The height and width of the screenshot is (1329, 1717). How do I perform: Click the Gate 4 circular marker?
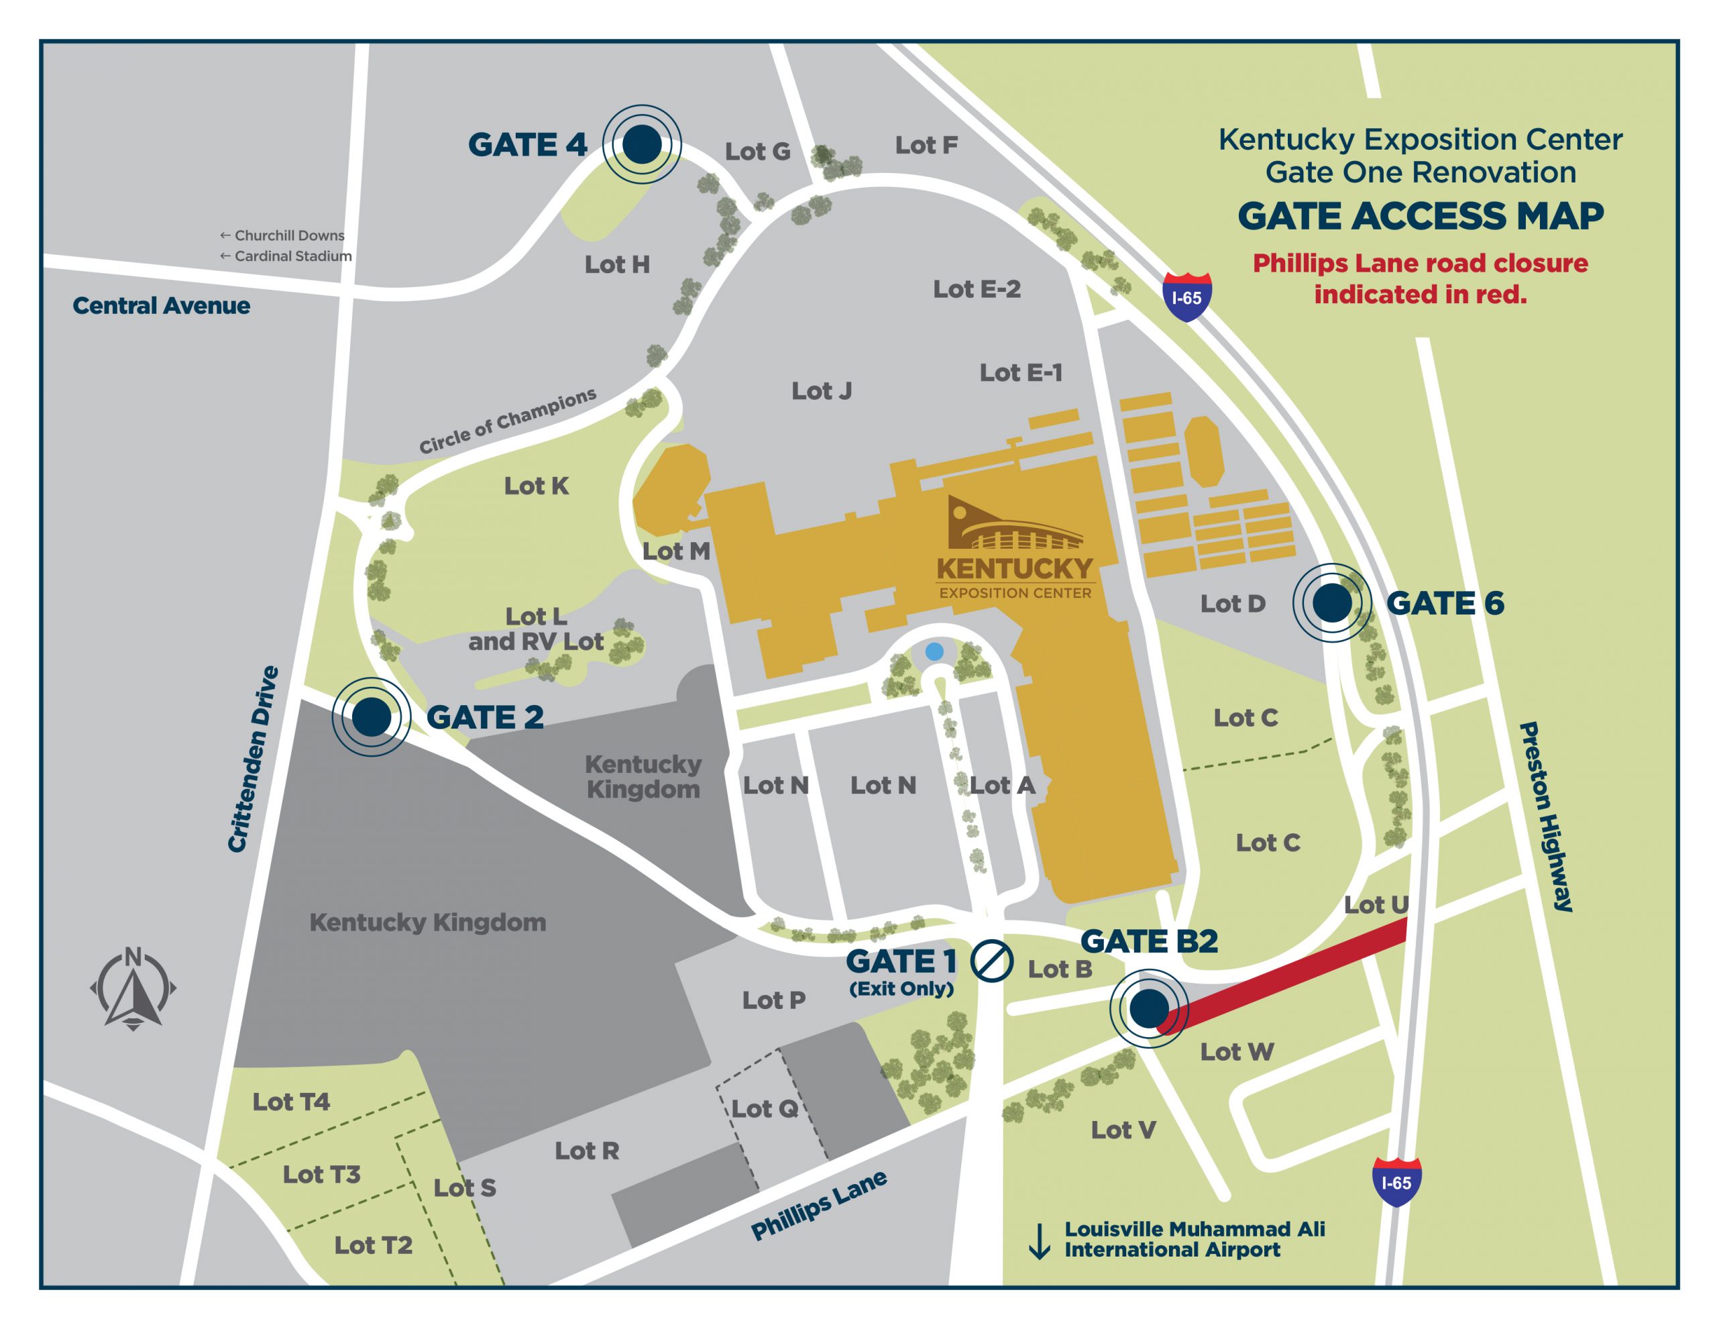point(641,145)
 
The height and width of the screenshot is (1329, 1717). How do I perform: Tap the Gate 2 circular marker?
point(371,717)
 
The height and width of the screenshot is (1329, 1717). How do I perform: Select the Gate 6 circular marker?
point(1332,602)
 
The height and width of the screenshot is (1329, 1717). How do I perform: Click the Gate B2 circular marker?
point(1149,1008)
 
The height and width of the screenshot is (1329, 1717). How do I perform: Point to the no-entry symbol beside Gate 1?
point(991,961)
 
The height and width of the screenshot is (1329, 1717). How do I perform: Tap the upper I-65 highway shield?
point(1186,297)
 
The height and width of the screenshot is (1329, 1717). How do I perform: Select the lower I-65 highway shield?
point(1396,1182)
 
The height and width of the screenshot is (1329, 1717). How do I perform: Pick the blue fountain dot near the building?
point(934,651)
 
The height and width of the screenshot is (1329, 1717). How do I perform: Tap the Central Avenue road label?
point(161,306)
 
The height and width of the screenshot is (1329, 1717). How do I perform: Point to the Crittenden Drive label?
point(253,759)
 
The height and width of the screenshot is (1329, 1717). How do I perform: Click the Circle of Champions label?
point(507,421)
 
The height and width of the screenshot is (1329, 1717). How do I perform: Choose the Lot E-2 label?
point(977,289)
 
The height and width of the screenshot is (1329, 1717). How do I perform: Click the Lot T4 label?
point(291,1102)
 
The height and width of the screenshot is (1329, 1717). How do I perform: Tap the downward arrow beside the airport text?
point(1040,1241)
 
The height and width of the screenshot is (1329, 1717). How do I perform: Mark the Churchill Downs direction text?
point(282,235)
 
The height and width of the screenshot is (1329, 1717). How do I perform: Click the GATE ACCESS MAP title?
point(1420,216)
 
